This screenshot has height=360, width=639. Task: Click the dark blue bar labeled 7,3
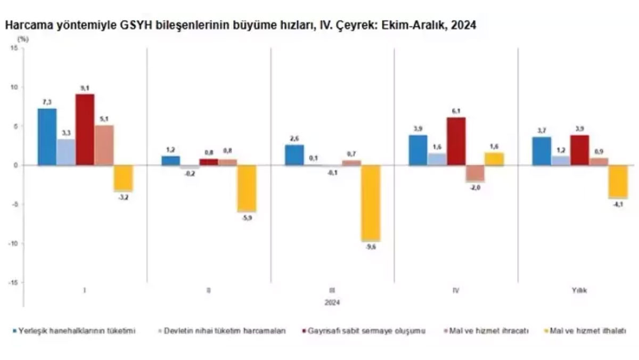tap(47, 137)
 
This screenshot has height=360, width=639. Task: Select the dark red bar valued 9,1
tap(85, 130)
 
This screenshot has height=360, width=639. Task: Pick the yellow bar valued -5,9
tap(247, 189)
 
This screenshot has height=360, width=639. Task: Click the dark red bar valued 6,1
tap(456, 142)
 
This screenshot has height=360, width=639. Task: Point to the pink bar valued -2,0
tap(475, 173)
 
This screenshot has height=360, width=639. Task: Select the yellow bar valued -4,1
tap(618, 182)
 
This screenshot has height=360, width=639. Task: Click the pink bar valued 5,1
tap(104, 145)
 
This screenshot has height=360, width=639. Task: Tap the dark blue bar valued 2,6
tap(294, 155)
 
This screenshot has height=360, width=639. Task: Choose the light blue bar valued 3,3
tap(66, 152)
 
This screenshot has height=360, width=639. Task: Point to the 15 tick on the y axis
tap(14, 48)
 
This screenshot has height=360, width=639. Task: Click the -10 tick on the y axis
tap(13, 244)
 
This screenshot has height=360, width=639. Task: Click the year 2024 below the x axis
tap(332, 302)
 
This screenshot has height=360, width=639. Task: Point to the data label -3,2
tap(124, 197)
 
